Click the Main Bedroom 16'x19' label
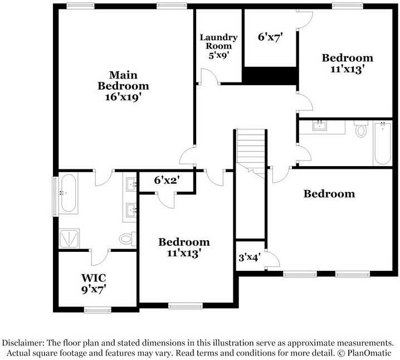[123, 86]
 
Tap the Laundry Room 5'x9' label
[219, 46]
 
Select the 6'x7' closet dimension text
[271, 38]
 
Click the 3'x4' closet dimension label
[248, 257]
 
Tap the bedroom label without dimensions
[329, 194]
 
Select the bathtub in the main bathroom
[69, 193]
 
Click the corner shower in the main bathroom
[69, 239]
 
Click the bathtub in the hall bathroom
[382, 143]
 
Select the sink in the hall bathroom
[320, 125]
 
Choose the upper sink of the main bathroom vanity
[132, 184]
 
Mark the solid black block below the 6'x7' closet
[270, 75]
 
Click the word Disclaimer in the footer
[26, 343]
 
